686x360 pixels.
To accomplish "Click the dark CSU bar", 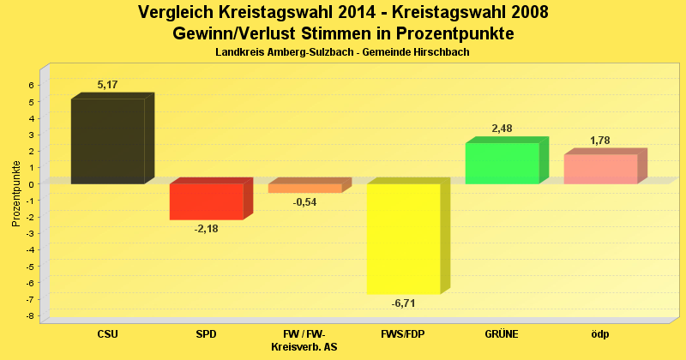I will pyautogui.click(x=107, y=141).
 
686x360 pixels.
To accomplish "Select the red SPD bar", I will pyautogui.click(x=206, y=201).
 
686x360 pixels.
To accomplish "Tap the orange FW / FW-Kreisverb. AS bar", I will pyautogui.click(x=304, y=188).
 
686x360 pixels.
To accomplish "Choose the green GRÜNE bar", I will pyautogui.click(x=502, y=163).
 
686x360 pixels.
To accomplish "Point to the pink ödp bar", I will pyautogui.click(x=600, y=169).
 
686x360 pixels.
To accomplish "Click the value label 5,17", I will pyautogui.click(x=107, y=85).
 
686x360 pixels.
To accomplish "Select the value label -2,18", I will pyautogui.click(x=206, y=229).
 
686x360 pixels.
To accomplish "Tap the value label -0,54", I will pyautogui.click(x=304, y=202).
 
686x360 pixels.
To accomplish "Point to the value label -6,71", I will pyautogui.click(x=403, y=303).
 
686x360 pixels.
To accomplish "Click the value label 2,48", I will pyautogui.click(x=502, y=129).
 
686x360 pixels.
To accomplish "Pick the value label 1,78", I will pyautogui.click(x=600, y=141).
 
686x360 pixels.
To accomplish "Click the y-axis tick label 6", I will pyautogui.click(x=30, y=85).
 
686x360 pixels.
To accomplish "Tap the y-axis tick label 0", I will pyautogui.click(x=30, y=184).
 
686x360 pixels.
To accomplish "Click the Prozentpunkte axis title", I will pyautogui.click(x=16, y=193).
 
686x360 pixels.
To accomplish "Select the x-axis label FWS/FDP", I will pyautogui.click(x=402, y=334).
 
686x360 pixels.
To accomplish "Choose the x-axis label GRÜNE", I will pyautogui.click(x=502, y=334).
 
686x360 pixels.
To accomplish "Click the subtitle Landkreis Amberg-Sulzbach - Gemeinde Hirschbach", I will pyautogui.click(x=342, y=52).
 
